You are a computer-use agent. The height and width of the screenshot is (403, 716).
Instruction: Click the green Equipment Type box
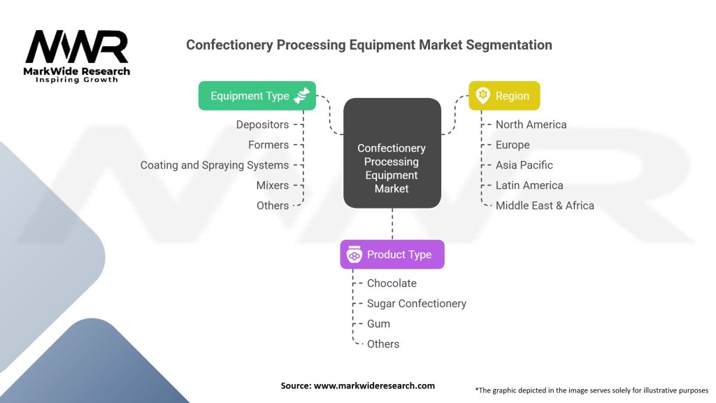(x=257, y=96)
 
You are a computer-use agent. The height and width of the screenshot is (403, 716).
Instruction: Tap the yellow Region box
(x=503, y=96)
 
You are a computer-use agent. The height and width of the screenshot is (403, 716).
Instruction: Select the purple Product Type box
(x=392, y=255)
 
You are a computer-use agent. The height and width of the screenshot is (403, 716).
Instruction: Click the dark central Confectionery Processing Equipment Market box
(x=392, y=153)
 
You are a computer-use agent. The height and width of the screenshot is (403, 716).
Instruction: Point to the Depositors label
(x=262, y=125)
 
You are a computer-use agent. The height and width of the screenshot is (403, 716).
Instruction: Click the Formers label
(x=268, y=145)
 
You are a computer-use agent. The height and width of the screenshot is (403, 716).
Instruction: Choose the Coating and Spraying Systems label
(x=215, y=165)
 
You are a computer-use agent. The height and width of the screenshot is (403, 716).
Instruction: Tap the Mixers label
(x=273, y=185)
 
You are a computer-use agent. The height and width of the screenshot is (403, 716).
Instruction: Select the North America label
(x=531, y=125)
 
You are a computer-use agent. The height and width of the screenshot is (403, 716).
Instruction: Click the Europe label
(x=513, y=145)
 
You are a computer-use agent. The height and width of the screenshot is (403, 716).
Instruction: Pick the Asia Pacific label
(x=524, y=165)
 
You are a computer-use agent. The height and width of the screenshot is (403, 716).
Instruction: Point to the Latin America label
(x=529, y=185)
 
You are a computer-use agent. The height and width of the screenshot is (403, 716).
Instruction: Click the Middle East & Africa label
(x=545, y=206)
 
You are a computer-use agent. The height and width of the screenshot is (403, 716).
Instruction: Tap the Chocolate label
(x=392, y=283)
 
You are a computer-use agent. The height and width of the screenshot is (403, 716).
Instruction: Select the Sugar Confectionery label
(x=417, y=304)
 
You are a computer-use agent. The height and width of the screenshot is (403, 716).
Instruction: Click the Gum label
(x=378, y=324)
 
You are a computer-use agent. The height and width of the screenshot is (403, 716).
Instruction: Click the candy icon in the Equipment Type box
(x=303, y=96)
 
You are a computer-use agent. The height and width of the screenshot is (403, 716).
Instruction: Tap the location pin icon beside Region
(x=482, y=96)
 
